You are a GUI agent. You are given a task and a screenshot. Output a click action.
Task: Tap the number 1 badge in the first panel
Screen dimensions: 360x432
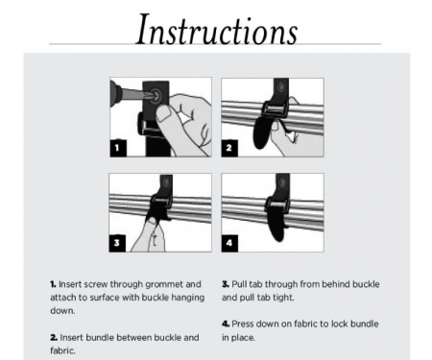tap(116, 149)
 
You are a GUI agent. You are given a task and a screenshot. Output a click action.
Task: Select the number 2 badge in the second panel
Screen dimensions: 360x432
tap(230, 149)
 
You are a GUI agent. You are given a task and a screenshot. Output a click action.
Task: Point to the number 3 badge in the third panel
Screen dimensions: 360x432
tap(116, 243)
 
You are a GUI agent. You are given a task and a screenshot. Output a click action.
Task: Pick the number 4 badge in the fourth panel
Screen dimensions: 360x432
tap(230, 243)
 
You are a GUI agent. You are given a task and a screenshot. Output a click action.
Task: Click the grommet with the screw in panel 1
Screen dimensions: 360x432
tap(153, 95)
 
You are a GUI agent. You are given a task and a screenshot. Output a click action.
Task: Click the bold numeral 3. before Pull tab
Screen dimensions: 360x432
tap(225, 285)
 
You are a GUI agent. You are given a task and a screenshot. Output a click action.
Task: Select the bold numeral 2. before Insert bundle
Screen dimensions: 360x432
tap(53, 337)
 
